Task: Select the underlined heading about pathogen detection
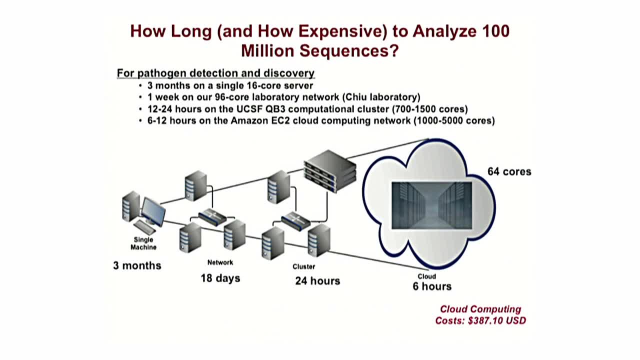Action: coord(215,73)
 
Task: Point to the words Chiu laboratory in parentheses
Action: coord(381,97)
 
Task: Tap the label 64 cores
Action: coord(509,171)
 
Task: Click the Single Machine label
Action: coord(143,243)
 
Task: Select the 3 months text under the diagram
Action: coord(137,265)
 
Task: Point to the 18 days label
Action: coord(220,278)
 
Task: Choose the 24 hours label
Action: coord(317,281)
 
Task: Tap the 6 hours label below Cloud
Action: coord(432,286)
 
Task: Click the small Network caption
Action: coord(220,262)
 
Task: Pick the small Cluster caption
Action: coord(303,266)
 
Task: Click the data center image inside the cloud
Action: coord(431,205)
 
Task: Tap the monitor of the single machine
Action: coord(153,211)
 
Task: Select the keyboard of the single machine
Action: coord(144,227)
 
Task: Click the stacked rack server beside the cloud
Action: coord(330,171)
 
